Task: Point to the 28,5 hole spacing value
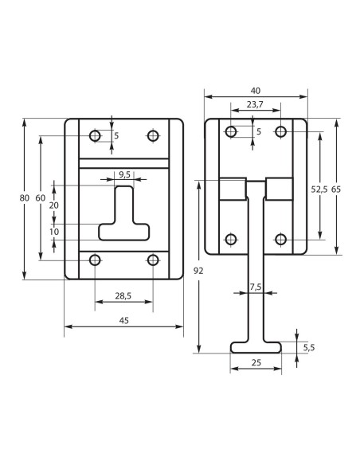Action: (123, 296)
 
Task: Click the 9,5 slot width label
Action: (124, 174)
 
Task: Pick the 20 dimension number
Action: (54, 205)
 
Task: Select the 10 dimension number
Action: (54, 231)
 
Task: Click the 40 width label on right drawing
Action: (256, 91)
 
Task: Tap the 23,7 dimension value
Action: (255, 104)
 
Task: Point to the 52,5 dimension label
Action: (319, 189)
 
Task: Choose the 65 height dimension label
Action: (336, 189)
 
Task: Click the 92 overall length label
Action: (198, 272)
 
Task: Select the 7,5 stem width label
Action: (256, 286)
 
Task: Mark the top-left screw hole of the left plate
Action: (96, 136)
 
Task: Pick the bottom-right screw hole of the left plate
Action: (153, 260)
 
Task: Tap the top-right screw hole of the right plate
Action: (280, 131)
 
